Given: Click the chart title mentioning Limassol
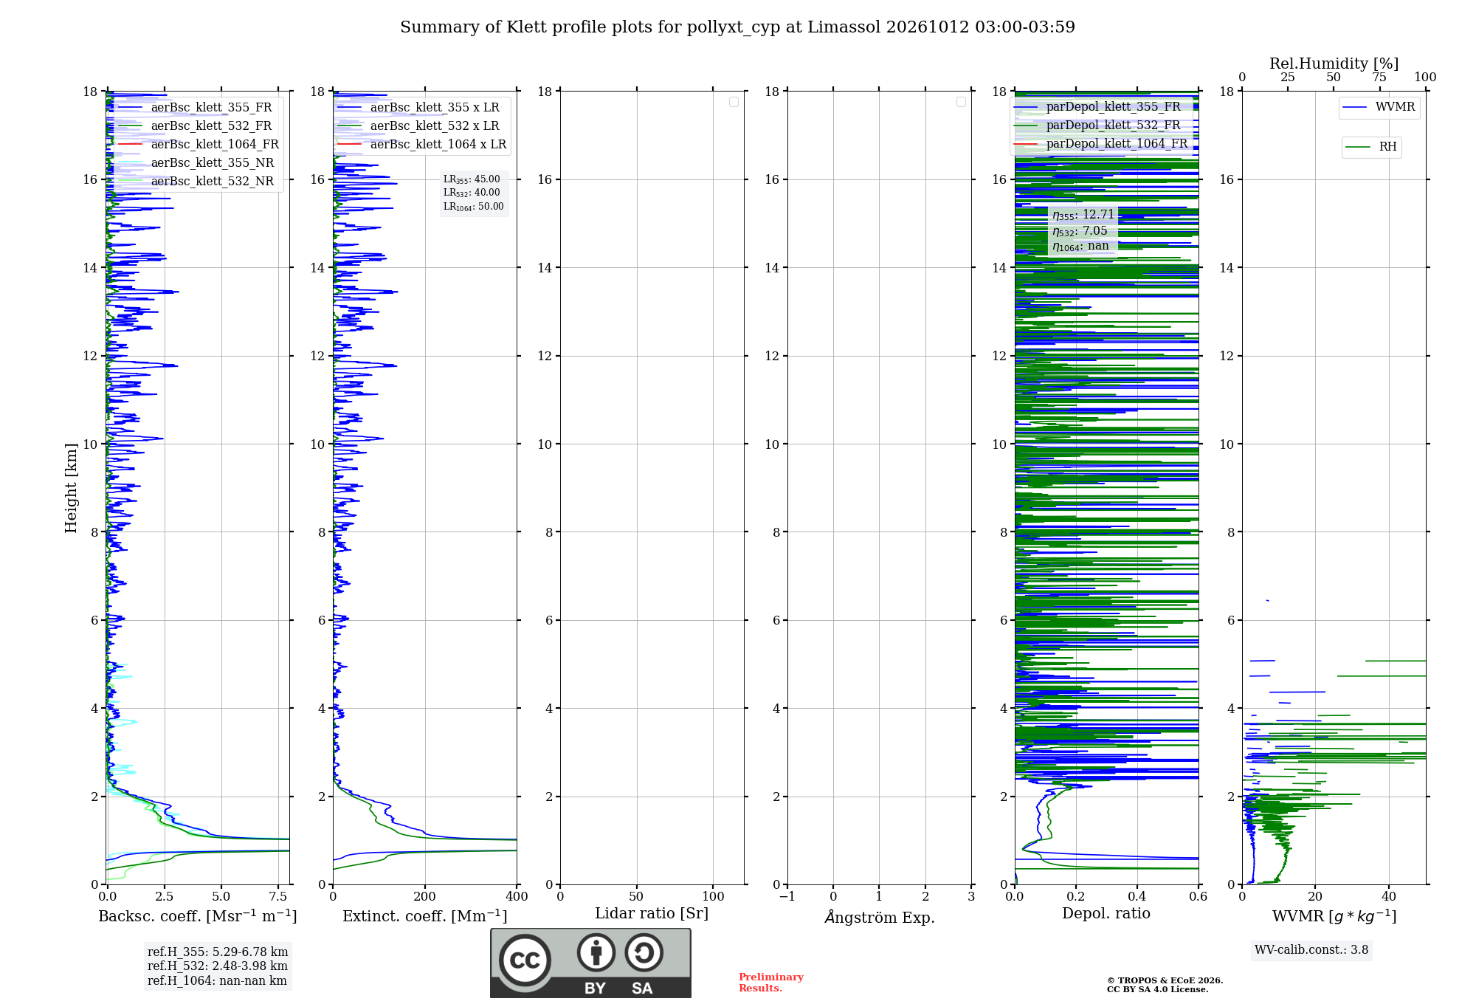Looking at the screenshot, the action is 737,27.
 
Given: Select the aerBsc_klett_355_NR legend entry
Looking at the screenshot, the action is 195,163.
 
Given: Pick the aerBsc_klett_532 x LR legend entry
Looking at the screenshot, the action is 418,126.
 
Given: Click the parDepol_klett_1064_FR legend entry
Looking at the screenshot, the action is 1101,144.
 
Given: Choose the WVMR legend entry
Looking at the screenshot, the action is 1379,107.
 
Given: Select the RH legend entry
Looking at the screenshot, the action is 1371,147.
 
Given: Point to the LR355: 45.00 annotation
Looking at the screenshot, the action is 472,179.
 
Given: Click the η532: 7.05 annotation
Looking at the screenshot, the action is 1080,231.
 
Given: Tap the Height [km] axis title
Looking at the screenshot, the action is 71,488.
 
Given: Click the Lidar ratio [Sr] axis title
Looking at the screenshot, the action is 652,914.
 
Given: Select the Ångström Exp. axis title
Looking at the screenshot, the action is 880,917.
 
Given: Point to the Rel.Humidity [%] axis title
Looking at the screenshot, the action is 1334,63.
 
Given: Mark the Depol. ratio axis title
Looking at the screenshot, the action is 1106,913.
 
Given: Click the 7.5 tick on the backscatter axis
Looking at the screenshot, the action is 278,896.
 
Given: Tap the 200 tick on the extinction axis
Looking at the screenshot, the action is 424,896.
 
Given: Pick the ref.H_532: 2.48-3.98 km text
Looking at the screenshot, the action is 218,966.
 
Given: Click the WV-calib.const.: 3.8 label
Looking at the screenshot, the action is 1311,950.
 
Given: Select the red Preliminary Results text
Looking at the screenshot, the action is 770,983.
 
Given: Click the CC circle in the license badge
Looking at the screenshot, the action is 525,960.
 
